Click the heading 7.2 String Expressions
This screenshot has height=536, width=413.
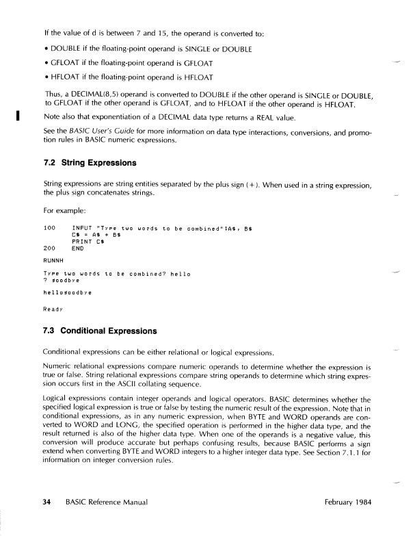90,163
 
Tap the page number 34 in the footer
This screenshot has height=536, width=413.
47,502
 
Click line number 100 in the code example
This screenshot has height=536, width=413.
49,227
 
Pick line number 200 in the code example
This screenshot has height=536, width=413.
49,248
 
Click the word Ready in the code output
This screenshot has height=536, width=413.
53,308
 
